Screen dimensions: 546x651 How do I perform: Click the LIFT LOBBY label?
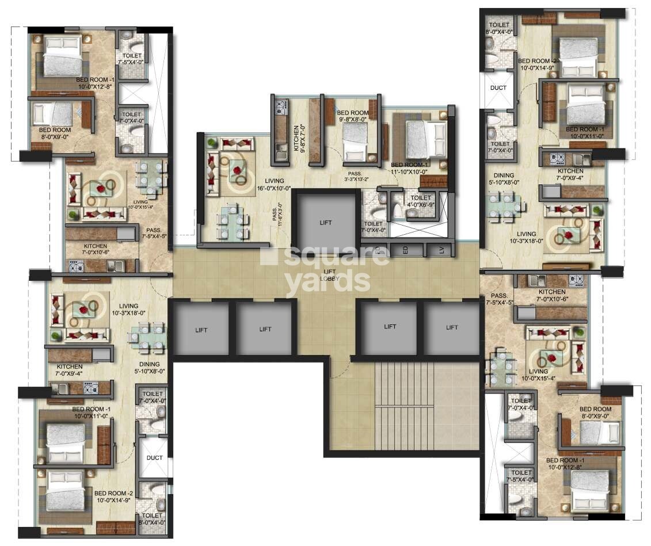[x=330, y=275]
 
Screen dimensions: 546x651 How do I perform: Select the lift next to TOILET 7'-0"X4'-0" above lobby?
[x=325, y=222]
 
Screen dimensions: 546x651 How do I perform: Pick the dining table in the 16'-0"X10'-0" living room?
[x=233, y=222]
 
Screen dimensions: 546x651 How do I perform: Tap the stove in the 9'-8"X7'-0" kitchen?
[x=281, y=106]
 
